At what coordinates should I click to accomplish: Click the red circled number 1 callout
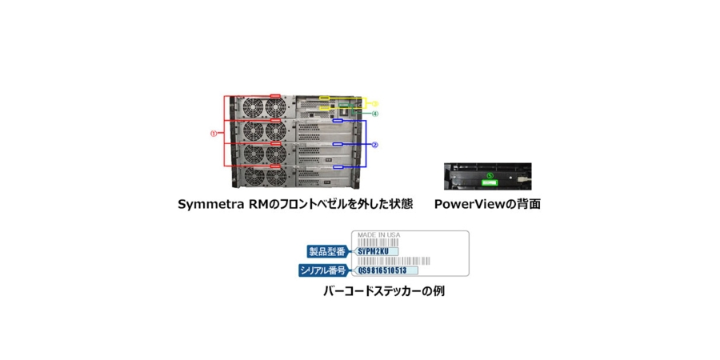click(214, 134)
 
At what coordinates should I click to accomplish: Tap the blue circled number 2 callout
click(374, 145)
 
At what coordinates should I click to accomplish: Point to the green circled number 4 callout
click(374, 114)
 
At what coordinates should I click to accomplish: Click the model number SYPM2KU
click(373, 251)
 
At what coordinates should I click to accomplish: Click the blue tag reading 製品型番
click(328, 251)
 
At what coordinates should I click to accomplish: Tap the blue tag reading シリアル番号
click(323, 270)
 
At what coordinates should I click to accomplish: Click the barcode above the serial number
click(400, 261)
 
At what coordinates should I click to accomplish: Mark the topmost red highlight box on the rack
click(275, 98)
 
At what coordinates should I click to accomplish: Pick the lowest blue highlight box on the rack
click(338, 167)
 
